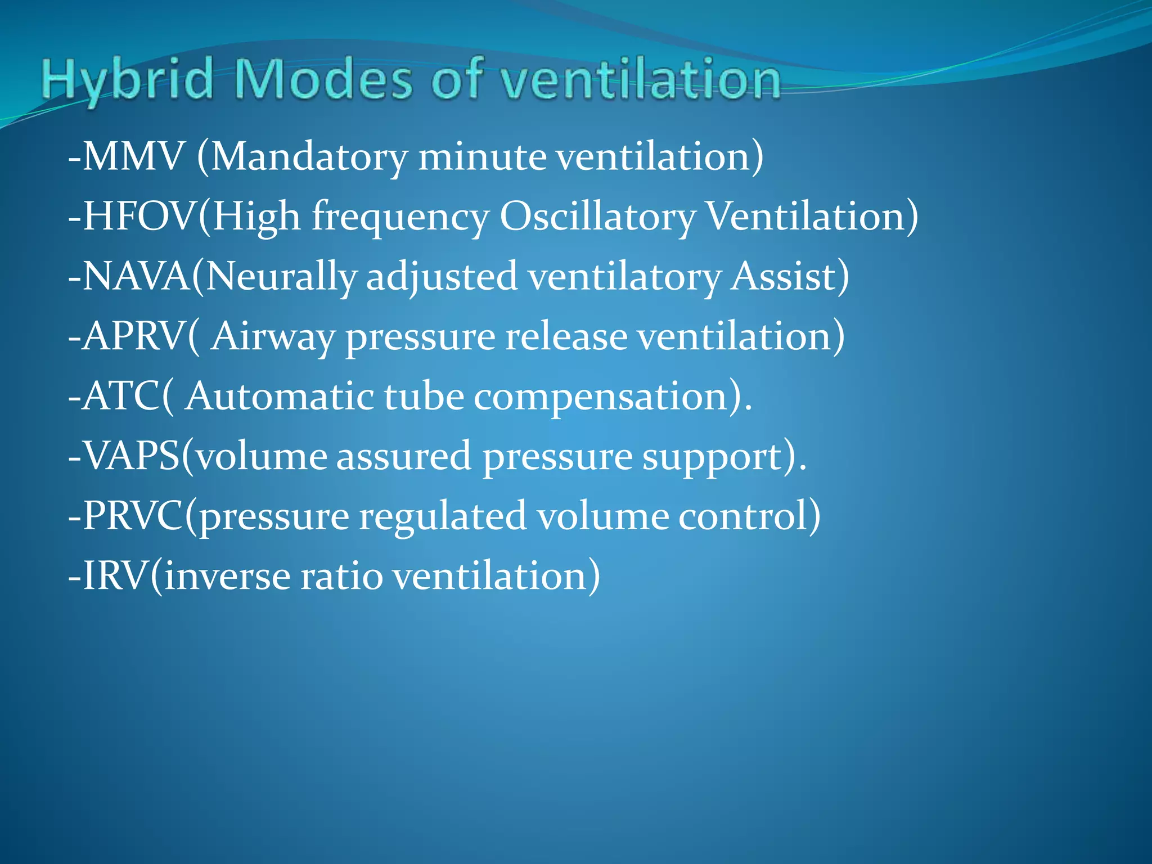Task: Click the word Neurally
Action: point(281,277)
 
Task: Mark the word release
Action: point(566,336)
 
